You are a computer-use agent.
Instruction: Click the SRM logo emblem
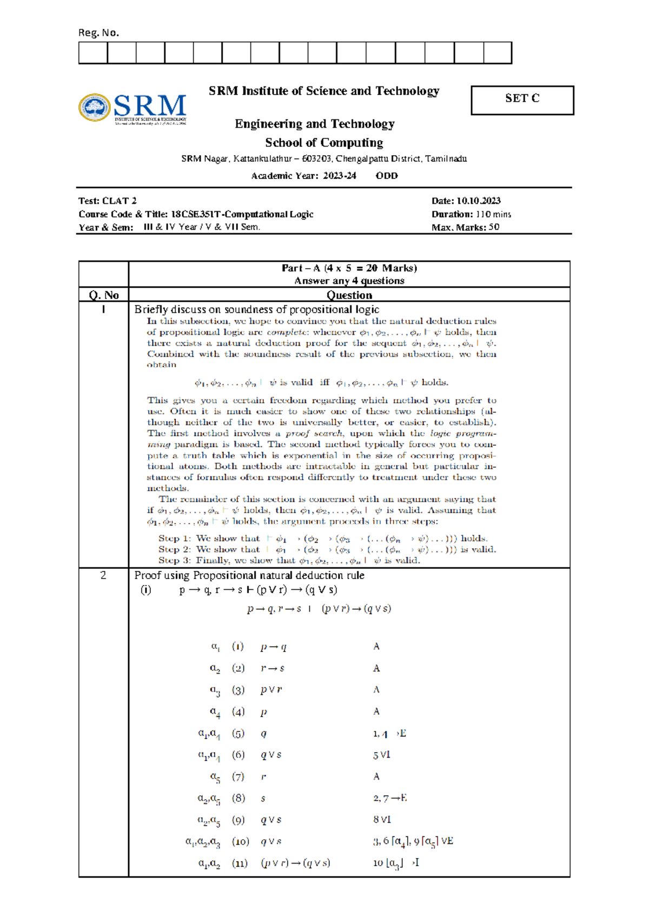point(95,107)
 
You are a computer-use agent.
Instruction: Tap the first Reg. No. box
point(93,53)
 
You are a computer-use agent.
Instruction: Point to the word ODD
point(387,176)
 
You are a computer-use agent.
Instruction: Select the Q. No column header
point(103,295)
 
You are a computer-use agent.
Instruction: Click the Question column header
point(349,295)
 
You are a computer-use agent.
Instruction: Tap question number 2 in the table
point(103,575)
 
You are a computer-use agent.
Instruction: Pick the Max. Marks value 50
point(494,227)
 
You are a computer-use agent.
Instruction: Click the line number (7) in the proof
point(238,776)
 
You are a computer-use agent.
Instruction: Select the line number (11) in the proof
point(240,863)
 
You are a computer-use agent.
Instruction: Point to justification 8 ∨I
point(382,820)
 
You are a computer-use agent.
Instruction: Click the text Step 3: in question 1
point(175,560)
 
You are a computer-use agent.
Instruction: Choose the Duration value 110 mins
point(493,214)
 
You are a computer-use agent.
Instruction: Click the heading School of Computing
point(324,143)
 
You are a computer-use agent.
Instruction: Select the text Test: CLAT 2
point(108,201)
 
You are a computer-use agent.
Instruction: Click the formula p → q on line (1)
point(273,647)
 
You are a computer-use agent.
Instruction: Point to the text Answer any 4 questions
point(349,281)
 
